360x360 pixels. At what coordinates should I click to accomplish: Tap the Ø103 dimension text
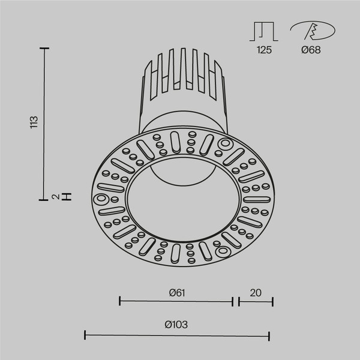tap(176, 325)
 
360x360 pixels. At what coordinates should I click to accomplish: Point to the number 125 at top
tap(264, 50)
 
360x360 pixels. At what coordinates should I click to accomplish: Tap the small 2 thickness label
tap(55, 196)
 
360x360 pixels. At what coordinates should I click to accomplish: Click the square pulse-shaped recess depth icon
tap(264, 31)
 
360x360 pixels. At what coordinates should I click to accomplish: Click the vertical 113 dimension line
tap(44, 122)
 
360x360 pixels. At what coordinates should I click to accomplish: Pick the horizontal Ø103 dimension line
tap(176, 335)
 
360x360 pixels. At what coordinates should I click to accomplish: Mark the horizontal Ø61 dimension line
tap(176, 302)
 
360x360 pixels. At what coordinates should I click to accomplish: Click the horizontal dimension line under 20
tap(256, 302)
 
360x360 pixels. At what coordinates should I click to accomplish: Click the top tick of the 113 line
tap(44, 48)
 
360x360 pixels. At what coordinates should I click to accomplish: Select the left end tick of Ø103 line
tap(84, 335)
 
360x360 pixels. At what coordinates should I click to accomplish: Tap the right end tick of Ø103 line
tap(269, 335)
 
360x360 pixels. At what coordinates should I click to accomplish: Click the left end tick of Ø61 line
tap(120, 302)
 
